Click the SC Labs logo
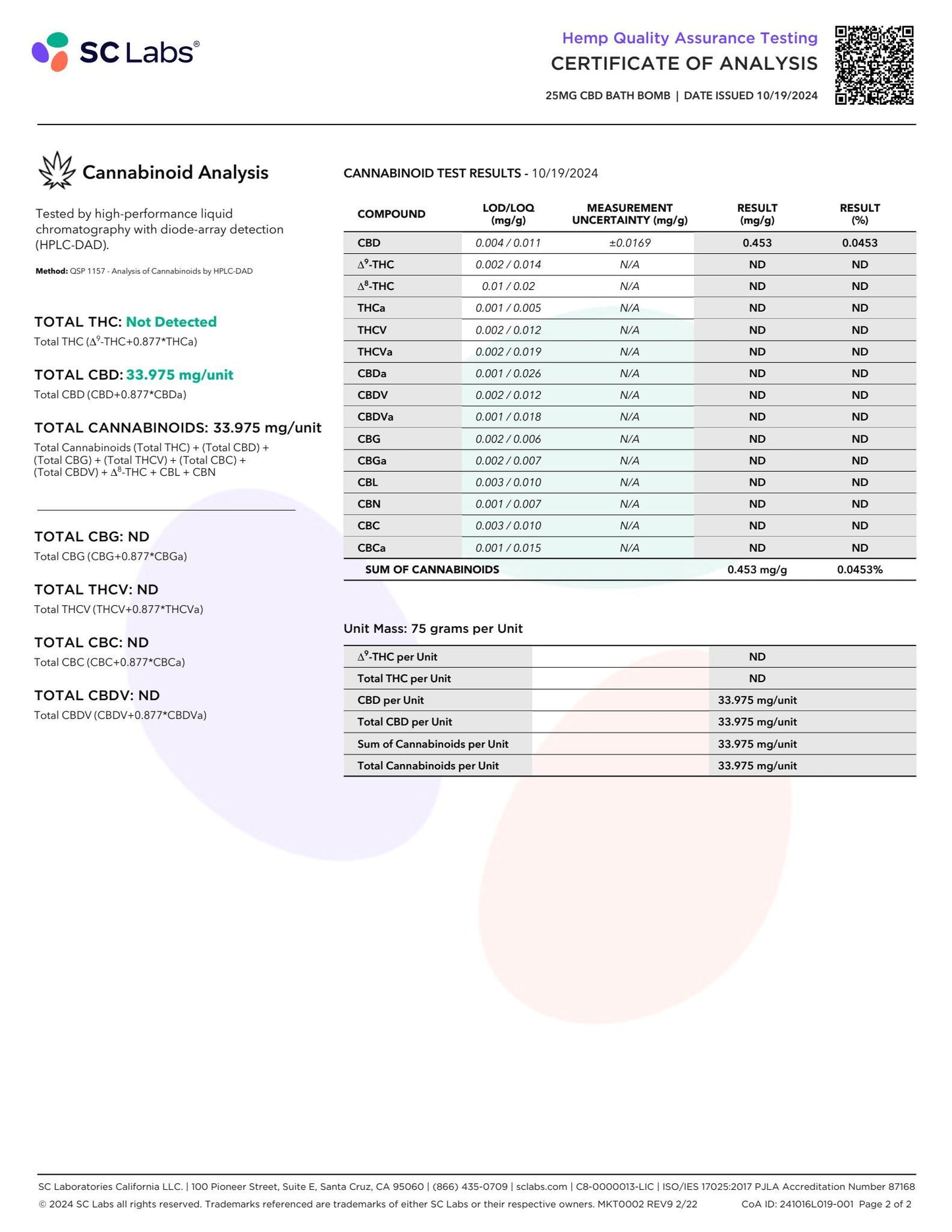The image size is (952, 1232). pos(115,52)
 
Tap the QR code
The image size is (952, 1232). pos(874,65)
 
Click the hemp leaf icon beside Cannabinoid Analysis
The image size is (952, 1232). pos(57,171)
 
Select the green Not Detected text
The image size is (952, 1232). pos(171,322)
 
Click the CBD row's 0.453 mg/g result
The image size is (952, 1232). pos(757,243)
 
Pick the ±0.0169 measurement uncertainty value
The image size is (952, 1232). pos(630,243)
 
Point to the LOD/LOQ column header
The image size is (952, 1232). pos(508,214)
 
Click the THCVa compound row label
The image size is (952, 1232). pos(375,351)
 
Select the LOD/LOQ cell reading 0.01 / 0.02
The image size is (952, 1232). pos(508,286)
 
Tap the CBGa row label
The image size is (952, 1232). pos(372,460)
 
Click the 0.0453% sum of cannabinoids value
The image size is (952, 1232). pos(860,570)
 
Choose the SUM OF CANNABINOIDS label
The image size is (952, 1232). pos(432,570)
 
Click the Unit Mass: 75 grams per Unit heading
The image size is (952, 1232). pos(433,628)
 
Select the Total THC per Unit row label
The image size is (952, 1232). pos(404,678)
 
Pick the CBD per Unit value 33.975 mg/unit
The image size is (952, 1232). pos(757,700)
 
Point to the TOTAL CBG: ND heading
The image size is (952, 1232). pos(92,537)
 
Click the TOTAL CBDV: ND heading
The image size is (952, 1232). pos(97,695)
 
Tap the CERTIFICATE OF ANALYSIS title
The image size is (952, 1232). pos(684,63)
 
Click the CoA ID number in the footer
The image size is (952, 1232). pos(816,1204)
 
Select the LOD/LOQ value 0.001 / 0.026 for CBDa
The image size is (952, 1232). pos(508,373)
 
